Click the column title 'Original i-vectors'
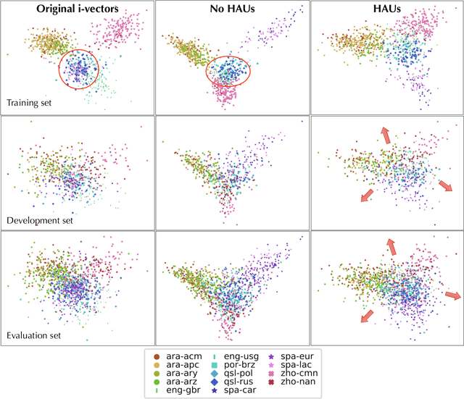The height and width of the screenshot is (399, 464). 77,9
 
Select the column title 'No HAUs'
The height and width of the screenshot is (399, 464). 231,9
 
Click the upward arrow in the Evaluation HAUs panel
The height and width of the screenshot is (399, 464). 391,247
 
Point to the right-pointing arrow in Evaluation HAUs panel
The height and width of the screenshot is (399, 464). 452,295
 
